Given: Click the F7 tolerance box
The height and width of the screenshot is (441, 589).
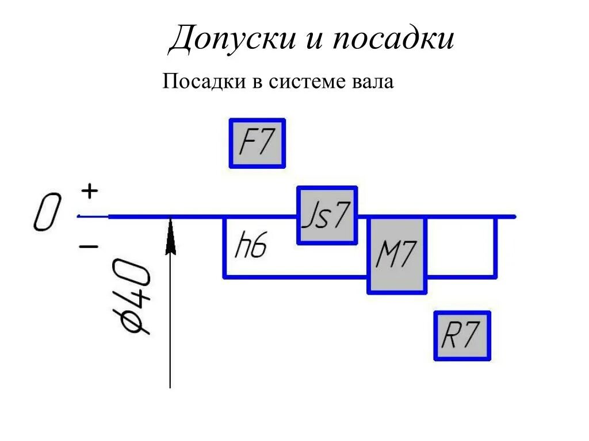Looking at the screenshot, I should (x=257, y=143).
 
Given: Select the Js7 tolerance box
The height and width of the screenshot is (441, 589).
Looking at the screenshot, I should (x=327, y=215).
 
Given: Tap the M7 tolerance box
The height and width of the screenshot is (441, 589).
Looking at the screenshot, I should (x=397, y=255).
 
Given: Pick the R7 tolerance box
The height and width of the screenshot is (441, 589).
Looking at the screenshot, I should (x=462, y=336).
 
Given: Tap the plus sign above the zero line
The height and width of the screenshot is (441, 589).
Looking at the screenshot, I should (x=89, y=191).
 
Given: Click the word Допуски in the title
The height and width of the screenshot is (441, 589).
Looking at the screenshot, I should (x=230, y=39).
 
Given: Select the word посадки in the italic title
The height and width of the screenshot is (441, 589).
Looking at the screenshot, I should (x=391, y=39).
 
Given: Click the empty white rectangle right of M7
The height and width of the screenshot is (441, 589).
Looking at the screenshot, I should (x=461, y=247).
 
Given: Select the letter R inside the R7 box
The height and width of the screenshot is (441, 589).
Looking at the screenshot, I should (x=450, y=336).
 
